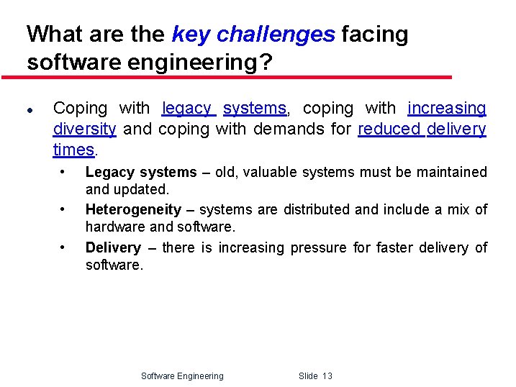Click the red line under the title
point(227,77)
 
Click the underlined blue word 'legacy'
point(187,109)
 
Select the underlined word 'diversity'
point(84,129)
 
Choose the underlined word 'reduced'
point(389,129)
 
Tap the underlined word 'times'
point(73,150)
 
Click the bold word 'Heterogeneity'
point(133,209)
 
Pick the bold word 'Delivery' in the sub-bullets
point(113,247)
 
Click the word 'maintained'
point(455,172)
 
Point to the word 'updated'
point(146,190)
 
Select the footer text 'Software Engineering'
point(182,375)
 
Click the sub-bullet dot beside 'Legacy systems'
point(64,172)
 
